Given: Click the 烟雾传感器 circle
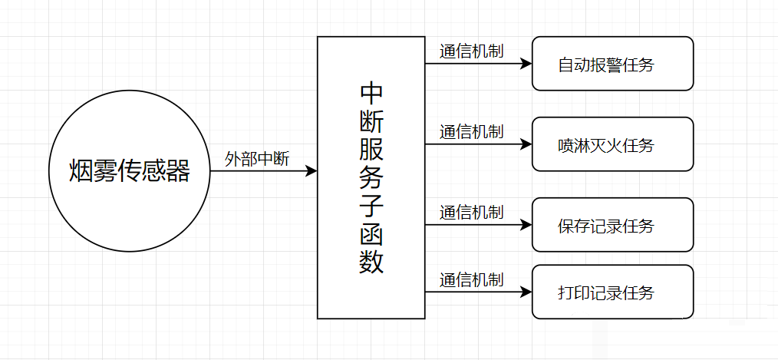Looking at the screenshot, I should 129,171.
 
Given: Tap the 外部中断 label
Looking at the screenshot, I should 257,159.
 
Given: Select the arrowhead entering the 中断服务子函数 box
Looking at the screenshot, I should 312,171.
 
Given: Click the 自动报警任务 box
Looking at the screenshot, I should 612,64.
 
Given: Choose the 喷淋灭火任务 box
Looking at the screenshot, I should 612,144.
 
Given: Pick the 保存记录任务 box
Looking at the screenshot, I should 612,226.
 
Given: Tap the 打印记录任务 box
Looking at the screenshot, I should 612,292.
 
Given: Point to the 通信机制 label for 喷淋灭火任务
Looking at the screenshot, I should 471,131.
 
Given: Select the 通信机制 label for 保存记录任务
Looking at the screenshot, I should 471,212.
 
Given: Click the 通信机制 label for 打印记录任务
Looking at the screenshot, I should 471,279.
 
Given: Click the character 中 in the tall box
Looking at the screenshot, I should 371,93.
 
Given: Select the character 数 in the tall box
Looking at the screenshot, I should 371,263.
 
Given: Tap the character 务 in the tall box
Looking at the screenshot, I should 371,178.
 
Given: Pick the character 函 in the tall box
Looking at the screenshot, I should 371,235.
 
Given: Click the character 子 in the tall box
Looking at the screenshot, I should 371,206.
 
